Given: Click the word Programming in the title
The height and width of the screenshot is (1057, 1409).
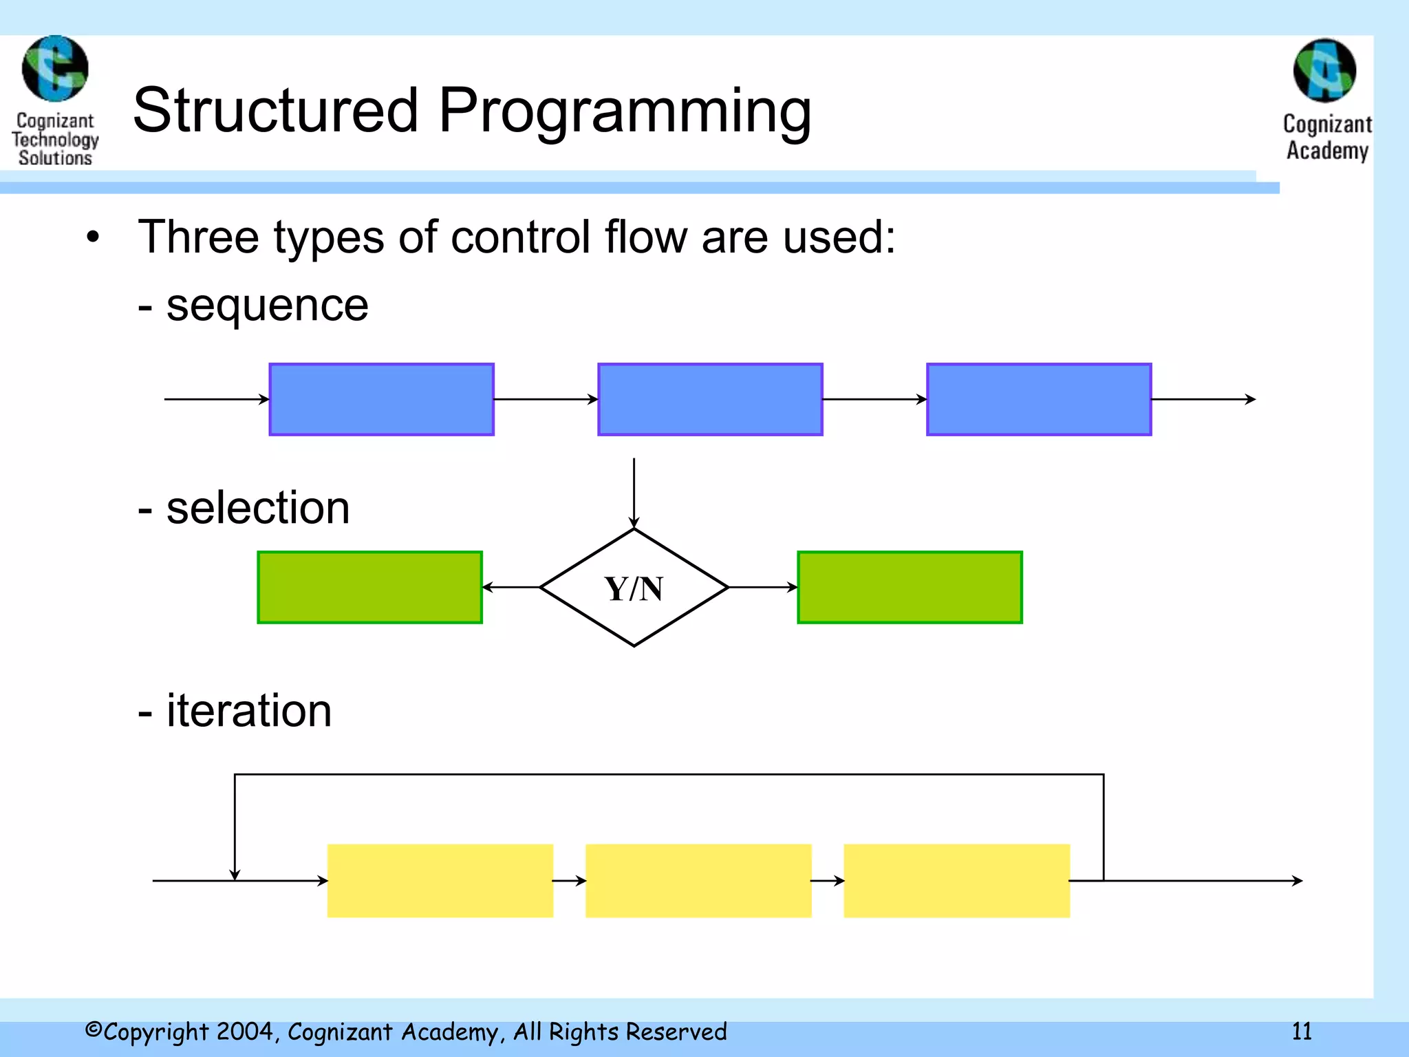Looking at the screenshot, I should (x=625, y=111).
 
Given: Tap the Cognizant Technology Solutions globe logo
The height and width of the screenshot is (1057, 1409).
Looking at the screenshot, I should (x=55, y=69).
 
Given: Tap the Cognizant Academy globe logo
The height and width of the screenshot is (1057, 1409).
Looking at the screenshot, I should (x=1324, y=71).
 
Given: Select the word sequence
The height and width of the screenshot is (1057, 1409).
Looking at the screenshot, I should (x=267, y=306).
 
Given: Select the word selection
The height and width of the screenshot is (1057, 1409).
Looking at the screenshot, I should (x=258, y=508).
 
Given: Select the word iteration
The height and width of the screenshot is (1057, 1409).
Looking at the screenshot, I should (x=248, y=710).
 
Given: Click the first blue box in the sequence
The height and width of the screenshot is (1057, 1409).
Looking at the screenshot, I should (x=381, y=399).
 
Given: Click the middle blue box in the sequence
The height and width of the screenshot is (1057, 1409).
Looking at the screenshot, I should (x=710, y=399).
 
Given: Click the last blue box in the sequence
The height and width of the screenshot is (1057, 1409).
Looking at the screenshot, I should (x=1039, y=399).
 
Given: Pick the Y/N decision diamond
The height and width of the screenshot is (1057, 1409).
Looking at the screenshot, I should (x=634, y=588).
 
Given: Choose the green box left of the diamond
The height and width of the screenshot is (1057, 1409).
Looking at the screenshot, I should (x=369, y=588).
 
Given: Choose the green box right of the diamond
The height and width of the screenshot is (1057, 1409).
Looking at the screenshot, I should (x=910, y=588).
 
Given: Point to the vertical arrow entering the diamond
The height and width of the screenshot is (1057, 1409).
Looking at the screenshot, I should (x=634, y=492).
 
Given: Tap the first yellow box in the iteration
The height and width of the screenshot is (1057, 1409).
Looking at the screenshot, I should (x=440, y=881).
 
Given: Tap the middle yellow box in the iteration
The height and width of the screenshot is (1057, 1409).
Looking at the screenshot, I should (x=698, y=881).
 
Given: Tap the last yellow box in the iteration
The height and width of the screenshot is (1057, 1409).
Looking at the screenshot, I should (x=956, y=881).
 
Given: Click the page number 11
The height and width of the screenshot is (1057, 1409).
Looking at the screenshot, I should (x=1302, y=1032).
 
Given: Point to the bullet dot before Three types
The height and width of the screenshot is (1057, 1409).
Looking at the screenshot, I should (x=93, y=238).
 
